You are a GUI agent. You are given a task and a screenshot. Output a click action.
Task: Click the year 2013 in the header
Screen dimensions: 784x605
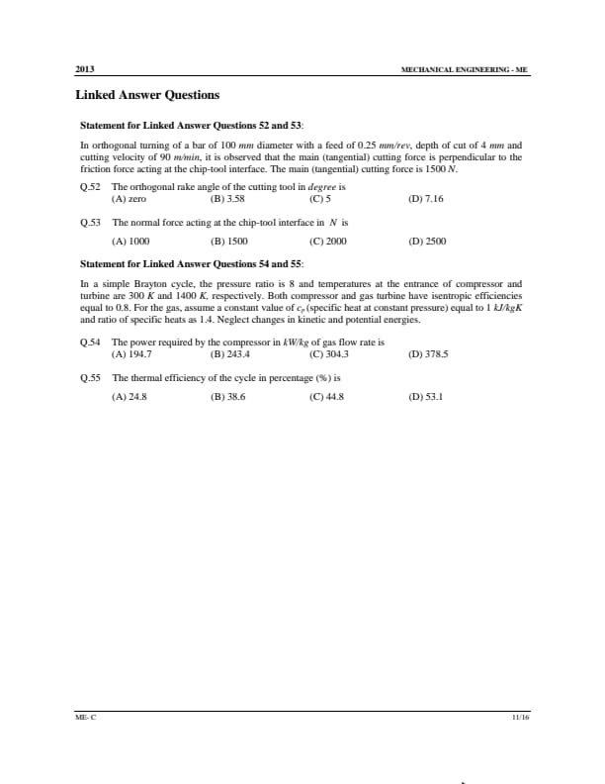(85, 69)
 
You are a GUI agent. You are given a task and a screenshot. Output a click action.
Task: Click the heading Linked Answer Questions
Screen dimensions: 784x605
(147, 95)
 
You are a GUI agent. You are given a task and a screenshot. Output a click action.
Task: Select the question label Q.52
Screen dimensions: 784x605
(90, 186)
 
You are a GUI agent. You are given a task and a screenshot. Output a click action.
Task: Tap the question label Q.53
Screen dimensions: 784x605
(90, 223)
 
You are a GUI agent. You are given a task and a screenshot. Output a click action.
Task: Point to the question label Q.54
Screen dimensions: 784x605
(90, 343)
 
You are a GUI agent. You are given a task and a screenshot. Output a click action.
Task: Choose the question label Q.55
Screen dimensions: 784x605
(90, 378)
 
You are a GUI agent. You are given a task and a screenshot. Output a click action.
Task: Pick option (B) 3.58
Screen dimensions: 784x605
(228, 198)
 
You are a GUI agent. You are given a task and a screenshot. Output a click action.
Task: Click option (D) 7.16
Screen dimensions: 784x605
(426, 198)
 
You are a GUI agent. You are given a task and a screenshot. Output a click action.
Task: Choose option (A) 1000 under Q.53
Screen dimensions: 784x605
(130, 241)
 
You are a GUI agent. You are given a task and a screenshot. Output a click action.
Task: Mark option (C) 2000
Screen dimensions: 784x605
(328, 241)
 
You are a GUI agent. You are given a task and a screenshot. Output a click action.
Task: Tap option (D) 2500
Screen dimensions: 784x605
(427, 241)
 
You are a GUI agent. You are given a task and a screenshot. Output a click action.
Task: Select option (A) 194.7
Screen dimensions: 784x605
(132, 353)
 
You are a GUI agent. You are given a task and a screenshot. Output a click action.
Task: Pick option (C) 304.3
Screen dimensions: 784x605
(329, 353)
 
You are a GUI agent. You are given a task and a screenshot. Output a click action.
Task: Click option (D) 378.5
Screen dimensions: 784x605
(428, 353)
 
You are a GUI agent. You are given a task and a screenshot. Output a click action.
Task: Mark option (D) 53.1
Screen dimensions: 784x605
(426, 396)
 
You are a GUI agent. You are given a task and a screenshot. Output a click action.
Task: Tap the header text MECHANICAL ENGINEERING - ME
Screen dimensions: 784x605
(465, 70)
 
